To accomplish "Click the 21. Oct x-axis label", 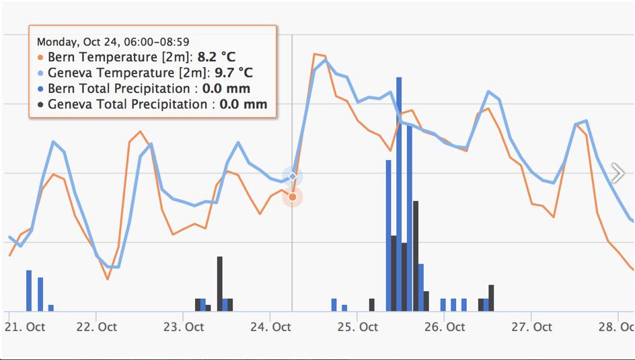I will click(x=25, y=327).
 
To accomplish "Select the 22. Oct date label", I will click(x=97, y=327).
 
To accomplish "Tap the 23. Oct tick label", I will click(x=184, y=327).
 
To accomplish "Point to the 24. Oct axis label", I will click(x=270, y=327).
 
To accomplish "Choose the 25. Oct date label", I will click(x=357, y=327).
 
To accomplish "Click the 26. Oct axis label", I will click(x=445, y=327).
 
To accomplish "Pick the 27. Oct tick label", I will click(x=531, y=327).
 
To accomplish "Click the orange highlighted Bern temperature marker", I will click(x=292, y=196).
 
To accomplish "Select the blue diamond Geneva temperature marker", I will click(x=293, y=176).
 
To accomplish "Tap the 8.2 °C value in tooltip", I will click(x=216, y=57).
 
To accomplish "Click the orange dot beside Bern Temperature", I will click(x=41, y=58).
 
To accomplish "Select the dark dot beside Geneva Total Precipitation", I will click(x=41, y=105).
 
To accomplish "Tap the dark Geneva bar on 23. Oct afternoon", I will click(x=220, y=283).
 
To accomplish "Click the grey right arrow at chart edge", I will click(x=618, y=173).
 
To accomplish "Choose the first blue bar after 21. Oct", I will click(x=29, y=291).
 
